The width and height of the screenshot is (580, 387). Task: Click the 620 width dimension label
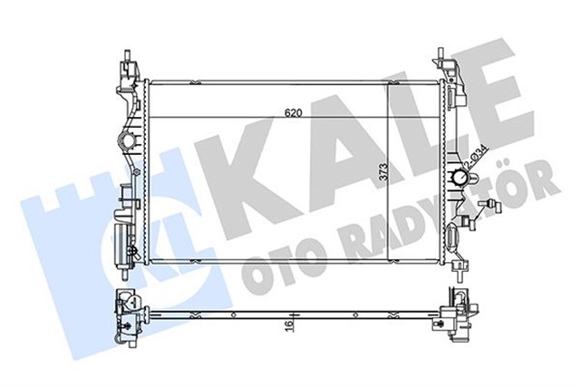click(292, 113)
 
